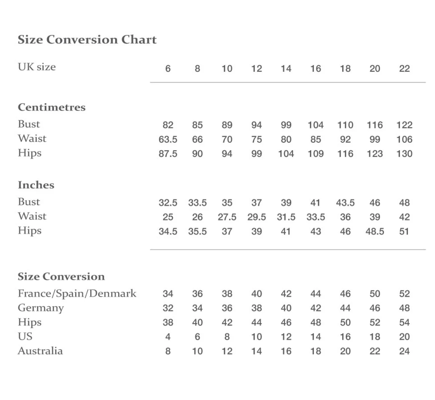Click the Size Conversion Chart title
pyautogui.click(x=87, y=40)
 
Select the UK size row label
pyautogui.click(x=37, y=67)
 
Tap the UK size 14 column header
pyautogui.click(x=286, y=69)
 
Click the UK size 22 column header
pyautogui.click(x=404, y=69)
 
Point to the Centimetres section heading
pyautogui.click(x=52, y=107)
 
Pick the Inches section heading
pyautogui.click(x=36, y=185)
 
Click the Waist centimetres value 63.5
pyautogui.click(x=168, y=140)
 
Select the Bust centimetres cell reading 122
pyautogui.click(x=404, y=125)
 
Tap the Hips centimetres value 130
pyautogui.click(x=404, y=154)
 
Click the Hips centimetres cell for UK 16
pyautogui.click(x=316, y=154)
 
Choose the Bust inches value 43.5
pyautogui.click(x=345, y=203)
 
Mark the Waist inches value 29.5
pyautogui.click(x=257, y=217)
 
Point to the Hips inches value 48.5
pyautogui.click(x=375, y=232)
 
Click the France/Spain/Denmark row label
pyautogui.click(x=77, y=294)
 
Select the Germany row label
pyautogui.click(x=41, y=308)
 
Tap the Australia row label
pyautogui.click(x=40, y=351)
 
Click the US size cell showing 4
pyautogui.click(x=168, y=337)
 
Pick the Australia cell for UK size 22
pyautogui.click(x=404, y=351)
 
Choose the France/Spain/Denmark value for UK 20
pyautogui.click(x=375, y=294)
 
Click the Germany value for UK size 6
pyautogui.click(x=168, y=308)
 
